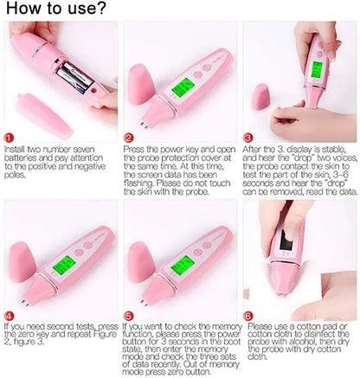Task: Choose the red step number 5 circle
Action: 129,317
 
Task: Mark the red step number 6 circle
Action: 248,317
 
